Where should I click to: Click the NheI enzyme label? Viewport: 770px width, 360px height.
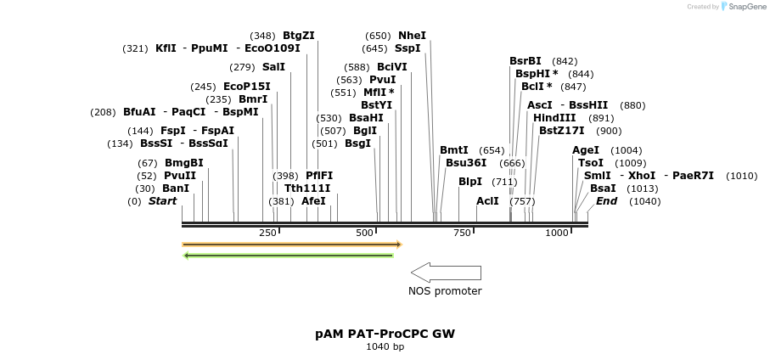pos(412,36)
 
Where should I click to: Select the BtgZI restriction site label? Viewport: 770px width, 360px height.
pos(299,36)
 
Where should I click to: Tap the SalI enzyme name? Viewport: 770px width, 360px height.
pos(273,66)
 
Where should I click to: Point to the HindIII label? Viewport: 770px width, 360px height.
pos(554,118)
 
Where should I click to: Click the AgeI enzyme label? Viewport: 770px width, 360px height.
pos(586,150)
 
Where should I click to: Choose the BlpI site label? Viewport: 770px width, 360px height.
pos(470,181)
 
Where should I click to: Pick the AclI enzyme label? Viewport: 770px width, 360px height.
pos(487,201)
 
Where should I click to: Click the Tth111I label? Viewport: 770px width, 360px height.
pos(307,188)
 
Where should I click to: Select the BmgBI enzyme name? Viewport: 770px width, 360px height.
pos(184,162)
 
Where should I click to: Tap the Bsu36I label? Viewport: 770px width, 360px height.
pos(466,162)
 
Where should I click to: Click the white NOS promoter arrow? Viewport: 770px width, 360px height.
pos(446,273)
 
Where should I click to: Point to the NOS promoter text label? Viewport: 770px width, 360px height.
pos(445,291)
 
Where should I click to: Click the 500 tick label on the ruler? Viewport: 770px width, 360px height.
pos(366,233)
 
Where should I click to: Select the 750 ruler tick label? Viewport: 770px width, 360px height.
pos(462,233)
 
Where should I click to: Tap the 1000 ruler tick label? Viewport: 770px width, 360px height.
pos(557,233)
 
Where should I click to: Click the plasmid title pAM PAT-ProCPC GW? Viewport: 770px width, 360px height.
pos(385,334)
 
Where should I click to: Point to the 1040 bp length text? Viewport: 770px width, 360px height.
pos(385,346)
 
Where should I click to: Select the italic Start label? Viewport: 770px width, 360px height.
pos(162,201)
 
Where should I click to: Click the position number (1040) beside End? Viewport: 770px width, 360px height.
pos(644,201)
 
